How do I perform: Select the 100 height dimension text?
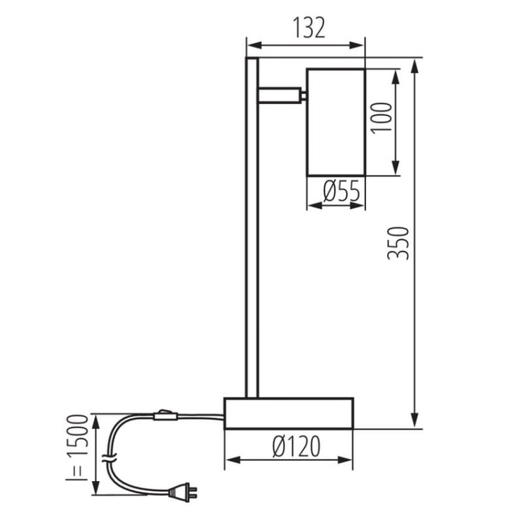coord(383,121)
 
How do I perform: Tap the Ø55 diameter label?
coord(337,190)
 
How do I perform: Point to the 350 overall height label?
coord(398,243)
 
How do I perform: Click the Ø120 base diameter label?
coord(289,446)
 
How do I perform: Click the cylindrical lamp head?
coord(336,122)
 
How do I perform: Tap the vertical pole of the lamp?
coord(252,230)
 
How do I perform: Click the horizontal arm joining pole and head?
coord(280,94)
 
